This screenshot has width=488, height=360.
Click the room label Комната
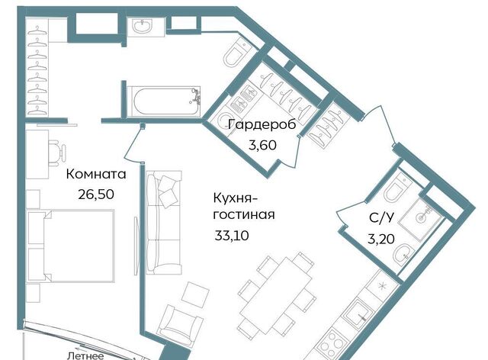click(x=96, y=174)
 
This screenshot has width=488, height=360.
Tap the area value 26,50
click(x=96, y=194)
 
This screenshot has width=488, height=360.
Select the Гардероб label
click(x=262, y=125)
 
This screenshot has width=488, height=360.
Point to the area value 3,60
click(x=262, y=145)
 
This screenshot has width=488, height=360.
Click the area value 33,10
click(x=232, y=236)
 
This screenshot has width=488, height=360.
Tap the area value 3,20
click(x=381, y=239)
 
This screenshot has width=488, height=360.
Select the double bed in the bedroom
click(x=71, y=246)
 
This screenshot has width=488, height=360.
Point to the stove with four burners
click(x=332, y=343)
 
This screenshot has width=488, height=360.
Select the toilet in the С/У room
click(x=393, y=188)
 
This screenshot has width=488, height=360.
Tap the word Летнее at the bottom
click(x=85, y=356)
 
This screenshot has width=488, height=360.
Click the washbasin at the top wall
click(x=143, y=25)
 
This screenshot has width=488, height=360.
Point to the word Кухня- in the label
click(x=236, y=198)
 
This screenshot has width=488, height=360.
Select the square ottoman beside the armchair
click(x=195, y=294)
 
